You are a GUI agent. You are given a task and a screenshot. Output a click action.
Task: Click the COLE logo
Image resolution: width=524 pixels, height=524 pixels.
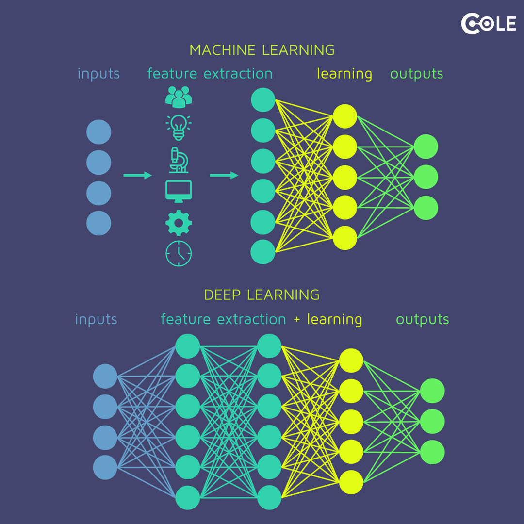[488, 24]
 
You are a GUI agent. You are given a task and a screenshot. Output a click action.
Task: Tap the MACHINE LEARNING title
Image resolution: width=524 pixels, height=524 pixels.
[262, 50]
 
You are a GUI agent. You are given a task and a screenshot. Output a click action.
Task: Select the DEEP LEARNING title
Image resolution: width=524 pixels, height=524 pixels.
[262, 295]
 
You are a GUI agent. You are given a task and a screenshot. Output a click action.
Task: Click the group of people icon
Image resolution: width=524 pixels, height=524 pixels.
[179, 97]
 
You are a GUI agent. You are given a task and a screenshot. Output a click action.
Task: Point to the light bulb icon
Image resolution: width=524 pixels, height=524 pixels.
[179, 127]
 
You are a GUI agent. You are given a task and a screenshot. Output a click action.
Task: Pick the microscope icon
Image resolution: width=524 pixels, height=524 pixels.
[179, 160]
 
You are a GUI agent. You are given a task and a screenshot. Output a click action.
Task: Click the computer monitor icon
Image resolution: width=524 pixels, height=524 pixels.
[179, 191]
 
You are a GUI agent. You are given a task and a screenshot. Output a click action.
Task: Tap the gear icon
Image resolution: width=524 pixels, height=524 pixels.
[179, 223]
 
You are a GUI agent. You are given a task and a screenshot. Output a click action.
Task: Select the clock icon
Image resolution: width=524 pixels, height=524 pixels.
[179, 253]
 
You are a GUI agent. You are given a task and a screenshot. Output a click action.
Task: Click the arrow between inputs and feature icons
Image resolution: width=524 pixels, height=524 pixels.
[138, 175]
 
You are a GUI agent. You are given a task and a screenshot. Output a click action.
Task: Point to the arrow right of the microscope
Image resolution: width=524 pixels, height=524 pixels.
[224, 175]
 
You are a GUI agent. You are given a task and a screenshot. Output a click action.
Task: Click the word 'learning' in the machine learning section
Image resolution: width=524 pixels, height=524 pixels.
[344, 74]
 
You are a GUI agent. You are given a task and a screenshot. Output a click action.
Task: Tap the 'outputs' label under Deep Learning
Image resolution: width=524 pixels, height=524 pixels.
[423, 319]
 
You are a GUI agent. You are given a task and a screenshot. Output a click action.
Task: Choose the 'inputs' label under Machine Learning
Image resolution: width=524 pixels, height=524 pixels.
[98, 74]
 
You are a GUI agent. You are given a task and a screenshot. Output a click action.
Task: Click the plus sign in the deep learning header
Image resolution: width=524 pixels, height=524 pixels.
[296, 320]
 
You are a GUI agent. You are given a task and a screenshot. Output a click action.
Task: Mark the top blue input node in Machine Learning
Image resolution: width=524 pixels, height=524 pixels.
[98, 132]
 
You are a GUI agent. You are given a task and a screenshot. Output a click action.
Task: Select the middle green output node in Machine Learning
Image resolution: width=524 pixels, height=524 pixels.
[426, 177]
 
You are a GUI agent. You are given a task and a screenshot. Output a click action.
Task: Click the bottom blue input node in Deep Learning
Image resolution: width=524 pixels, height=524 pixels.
[105, 467]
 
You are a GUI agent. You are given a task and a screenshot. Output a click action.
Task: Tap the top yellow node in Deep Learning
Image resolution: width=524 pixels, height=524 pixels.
[351, 360]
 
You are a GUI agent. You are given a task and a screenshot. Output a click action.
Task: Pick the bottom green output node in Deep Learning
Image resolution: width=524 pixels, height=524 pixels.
[432, 452]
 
